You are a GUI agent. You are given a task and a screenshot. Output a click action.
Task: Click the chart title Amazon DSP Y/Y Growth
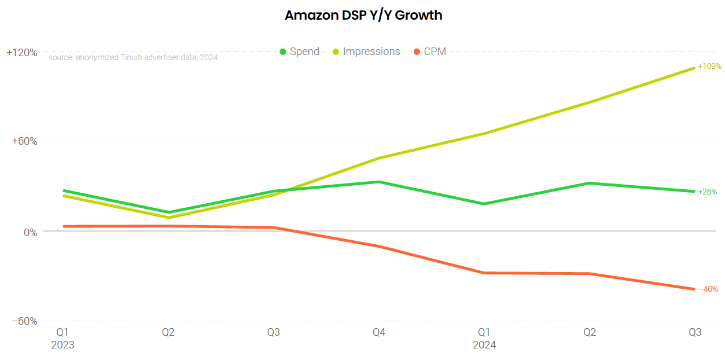click(363, 16)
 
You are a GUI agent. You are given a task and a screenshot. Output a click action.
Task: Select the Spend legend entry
click(299, 52)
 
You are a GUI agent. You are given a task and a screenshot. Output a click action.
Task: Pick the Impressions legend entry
click(366, 52)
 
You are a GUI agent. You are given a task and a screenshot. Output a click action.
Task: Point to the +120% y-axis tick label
click(22, 53)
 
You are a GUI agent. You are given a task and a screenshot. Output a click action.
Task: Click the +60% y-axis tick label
click(25, 142)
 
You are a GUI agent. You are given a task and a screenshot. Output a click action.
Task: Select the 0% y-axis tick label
click(30, 232)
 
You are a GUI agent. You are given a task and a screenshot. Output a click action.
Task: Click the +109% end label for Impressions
click(709, 67)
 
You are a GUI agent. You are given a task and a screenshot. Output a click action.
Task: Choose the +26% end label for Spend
click(707, 192)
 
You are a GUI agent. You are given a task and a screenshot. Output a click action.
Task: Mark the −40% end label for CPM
click(707, 289)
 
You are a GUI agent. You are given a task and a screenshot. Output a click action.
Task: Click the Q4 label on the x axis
click(379, 332)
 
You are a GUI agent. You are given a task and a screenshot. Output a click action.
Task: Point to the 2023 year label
click(63, 344)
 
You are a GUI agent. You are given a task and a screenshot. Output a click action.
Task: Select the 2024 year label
click(484, 344)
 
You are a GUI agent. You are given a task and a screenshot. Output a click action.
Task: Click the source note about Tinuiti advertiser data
click(133, 57)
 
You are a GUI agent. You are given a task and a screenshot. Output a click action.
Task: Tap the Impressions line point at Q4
click(379, 158)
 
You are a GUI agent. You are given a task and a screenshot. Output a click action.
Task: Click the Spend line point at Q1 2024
click(484, 204)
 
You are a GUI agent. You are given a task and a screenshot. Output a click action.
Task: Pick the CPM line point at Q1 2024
click(484, 273)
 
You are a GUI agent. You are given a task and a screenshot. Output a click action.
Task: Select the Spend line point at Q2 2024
click(590, 183)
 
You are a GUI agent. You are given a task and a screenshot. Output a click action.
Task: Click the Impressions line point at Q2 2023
click(168, 218)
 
